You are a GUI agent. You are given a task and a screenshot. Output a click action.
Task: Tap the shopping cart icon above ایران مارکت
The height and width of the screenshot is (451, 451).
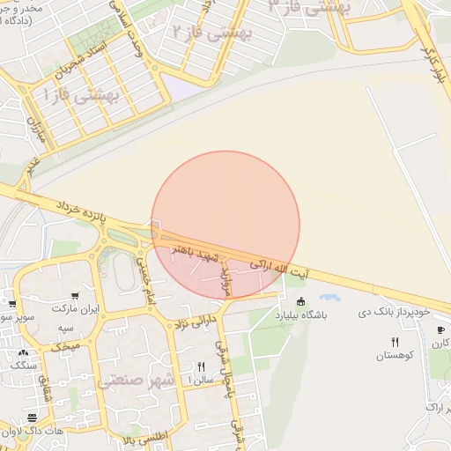coord(77,295)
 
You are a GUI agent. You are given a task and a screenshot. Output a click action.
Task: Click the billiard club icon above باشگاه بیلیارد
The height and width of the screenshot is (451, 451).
coord(301,302)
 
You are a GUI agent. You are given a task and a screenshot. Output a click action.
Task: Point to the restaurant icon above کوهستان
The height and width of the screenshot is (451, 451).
coord(395,342)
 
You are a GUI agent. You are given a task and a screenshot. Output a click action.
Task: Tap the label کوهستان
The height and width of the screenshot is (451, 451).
coord(394,356)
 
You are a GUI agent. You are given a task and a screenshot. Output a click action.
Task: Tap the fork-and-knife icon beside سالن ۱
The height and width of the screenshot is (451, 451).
coord(202,366)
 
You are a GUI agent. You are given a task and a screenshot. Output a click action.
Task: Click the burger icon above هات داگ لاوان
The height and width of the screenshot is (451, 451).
coord(33,417)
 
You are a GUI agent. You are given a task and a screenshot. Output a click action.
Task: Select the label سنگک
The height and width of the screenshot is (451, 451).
coord(25,364)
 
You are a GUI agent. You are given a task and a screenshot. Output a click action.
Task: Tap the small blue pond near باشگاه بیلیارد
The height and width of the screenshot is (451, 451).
coord(330,298)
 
